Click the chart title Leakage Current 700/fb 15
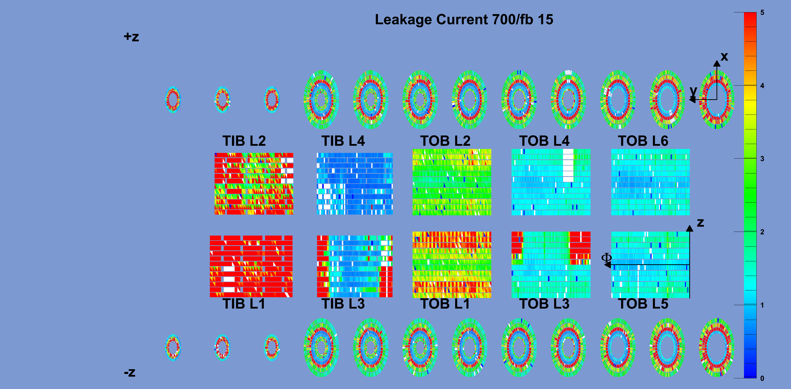click(x=464, y=20)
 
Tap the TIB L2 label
click(x=244, y=141)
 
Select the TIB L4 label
click(x=343, y=141)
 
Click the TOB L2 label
click(x=445, y=141)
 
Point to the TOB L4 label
click(x=544, y=141)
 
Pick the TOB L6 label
click(x=643, y=141)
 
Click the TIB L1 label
click(x=244, y=304)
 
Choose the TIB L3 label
click(x=343, y=304)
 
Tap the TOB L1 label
click(x=445, y=304)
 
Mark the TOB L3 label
click(x=544, y=304)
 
